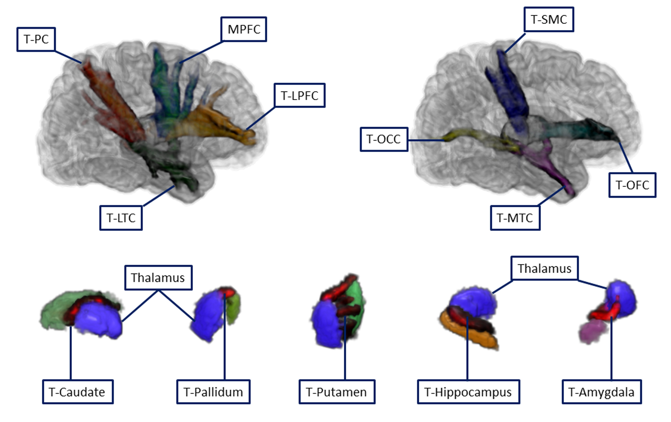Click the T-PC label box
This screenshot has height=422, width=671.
36,39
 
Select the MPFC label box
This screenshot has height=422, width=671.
244,29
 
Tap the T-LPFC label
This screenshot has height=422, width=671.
300,95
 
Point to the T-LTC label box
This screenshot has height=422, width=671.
121,218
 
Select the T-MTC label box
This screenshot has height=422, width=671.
515,218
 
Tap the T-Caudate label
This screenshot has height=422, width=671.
78,392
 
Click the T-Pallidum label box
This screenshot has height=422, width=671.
213,392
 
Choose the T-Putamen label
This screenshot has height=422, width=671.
337,392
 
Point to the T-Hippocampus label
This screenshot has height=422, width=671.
468,392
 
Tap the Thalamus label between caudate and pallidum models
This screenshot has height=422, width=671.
158,278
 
